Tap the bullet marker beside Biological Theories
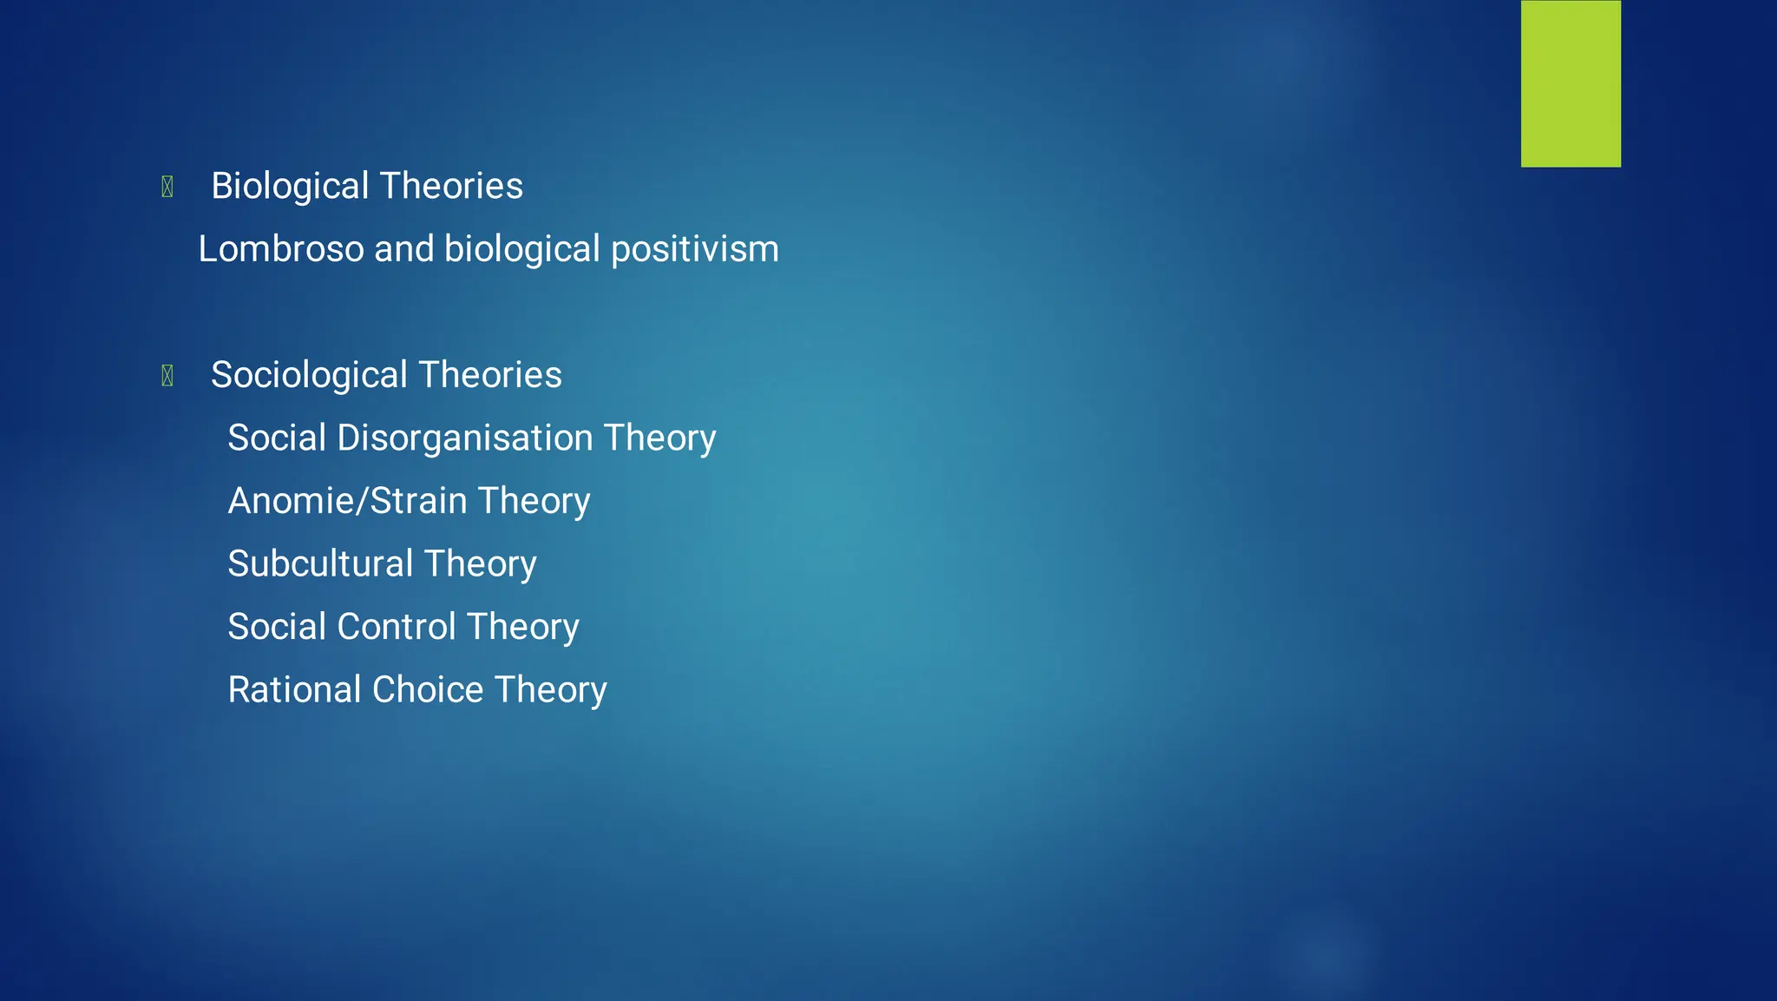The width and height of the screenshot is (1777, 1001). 167,187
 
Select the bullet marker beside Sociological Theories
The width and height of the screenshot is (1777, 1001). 167,375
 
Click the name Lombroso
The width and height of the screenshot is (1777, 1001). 280,249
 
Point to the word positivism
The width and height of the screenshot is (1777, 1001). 694,250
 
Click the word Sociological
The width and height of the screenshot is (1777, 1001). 309,375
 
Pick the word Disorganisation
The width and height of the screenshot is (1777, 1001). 464,438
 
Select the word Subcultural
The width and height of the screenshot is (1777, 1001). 319,564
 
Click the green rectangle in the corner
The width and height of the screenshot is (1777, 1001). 1570,83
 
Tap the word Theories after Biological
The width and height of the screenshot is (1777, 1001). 451,187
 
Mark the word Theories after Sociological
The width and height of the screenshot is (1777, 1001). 490,375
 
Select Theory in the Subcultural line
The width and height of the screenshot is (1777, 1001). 480,564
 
